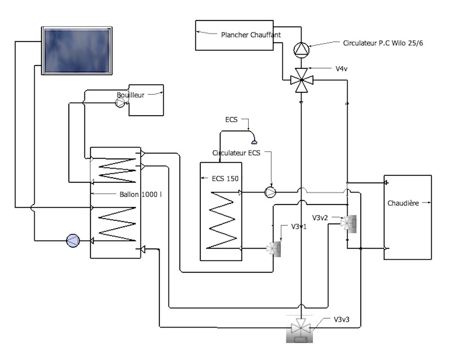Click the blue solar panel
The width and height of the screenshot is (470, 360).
[x=77, y=50]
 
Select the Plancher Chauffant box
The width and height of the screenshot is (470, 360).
[x=234, y=35]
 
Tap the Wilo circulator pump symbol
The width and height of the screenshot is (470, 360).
[x=301, y=50]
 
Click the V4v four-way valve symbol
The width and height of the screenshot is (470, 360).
[x=301, y=80]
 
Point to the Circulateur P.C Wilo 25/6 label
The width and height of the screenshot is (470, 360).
[x=382, y=43]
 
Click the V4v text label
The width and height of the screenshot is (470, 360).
[x=342, y=68]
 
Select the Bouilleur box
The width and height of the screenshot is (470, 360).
[x=146, y=100]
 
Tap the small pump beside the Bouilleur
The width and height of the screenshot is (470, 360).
[x=120, y=103]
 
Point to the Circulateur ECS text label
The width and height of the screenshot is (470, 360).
[x=236, y=153]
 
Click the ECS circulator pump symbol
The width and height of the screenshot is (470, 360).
[x=270, y=192]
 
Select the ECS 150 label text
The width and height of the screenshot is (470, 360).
[x=225, y=179]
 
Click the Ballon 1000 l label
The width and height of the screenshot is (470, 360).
[x=140, y=194]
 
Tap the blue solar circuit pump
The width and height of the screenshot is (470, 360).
[x=73, y=241]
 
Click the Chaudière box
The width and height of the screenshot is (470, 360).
[x=408, y=217]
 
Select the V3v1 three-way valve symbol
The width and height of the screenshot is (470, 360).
[x=274, y=248]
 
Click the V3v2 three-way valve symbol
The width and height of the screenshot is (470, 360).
[x=348, y=223]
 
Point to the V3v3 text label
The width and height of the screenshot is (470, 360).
[x=342, y=319]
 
